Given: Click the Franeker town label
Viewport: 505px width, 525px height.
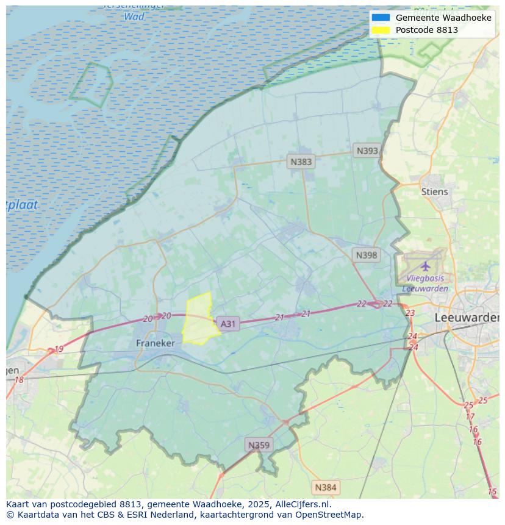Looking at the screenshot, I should click(x=155, y=343).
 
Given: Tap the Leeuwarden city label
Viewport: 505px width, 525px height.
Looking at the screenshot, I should click(x=467, y=318).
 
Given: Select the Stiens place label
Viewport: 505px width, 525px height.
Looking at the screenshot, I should click(x=434, y=191).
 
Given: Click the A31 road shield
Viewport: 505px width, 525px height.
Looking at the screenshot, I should click(x=227, y=324).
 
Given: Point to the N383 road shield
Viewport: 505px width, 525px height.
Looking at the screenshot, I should click(x=301, y=162).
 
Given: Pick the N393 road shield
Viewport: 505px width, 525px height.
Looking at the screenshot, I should click(x=367, y=151).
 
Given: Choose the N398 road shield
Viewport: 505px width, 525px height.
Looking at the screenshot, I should click(x=366, y=255).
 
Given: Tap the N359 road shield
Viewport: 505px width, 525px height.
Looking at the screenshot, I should click(x=258, y=445).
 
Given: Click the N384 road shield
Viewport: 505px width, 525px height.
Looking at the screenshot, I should click(x=325, y=487).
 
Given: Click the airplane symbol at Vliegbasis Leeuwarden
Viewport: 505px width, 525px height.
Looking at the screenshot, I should click(x=425, y=266).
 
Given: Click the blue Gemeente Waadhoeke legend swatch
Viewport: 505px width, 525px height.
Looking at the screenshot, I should click(x=381, y=18).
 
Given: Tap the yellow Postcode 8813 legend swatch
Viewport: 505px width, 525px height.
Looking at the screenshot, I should click(x=381, y=30).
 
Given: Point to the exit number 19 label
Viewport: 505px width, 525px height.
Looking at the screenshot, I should click(x=59, y=349).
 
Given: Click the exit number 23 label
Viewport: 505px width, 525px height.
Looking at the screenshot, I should click(x=410, y=313).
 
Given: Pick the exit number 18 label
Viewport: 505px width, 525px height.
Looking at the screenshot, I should click(x=19, y=380).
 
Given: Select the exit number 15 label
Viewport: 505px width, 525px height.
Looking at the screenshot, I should click(x=492, y=491).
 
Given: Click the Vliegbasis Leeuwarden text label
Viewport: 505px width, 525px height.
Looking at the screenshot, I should click(x=425, y=284).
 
